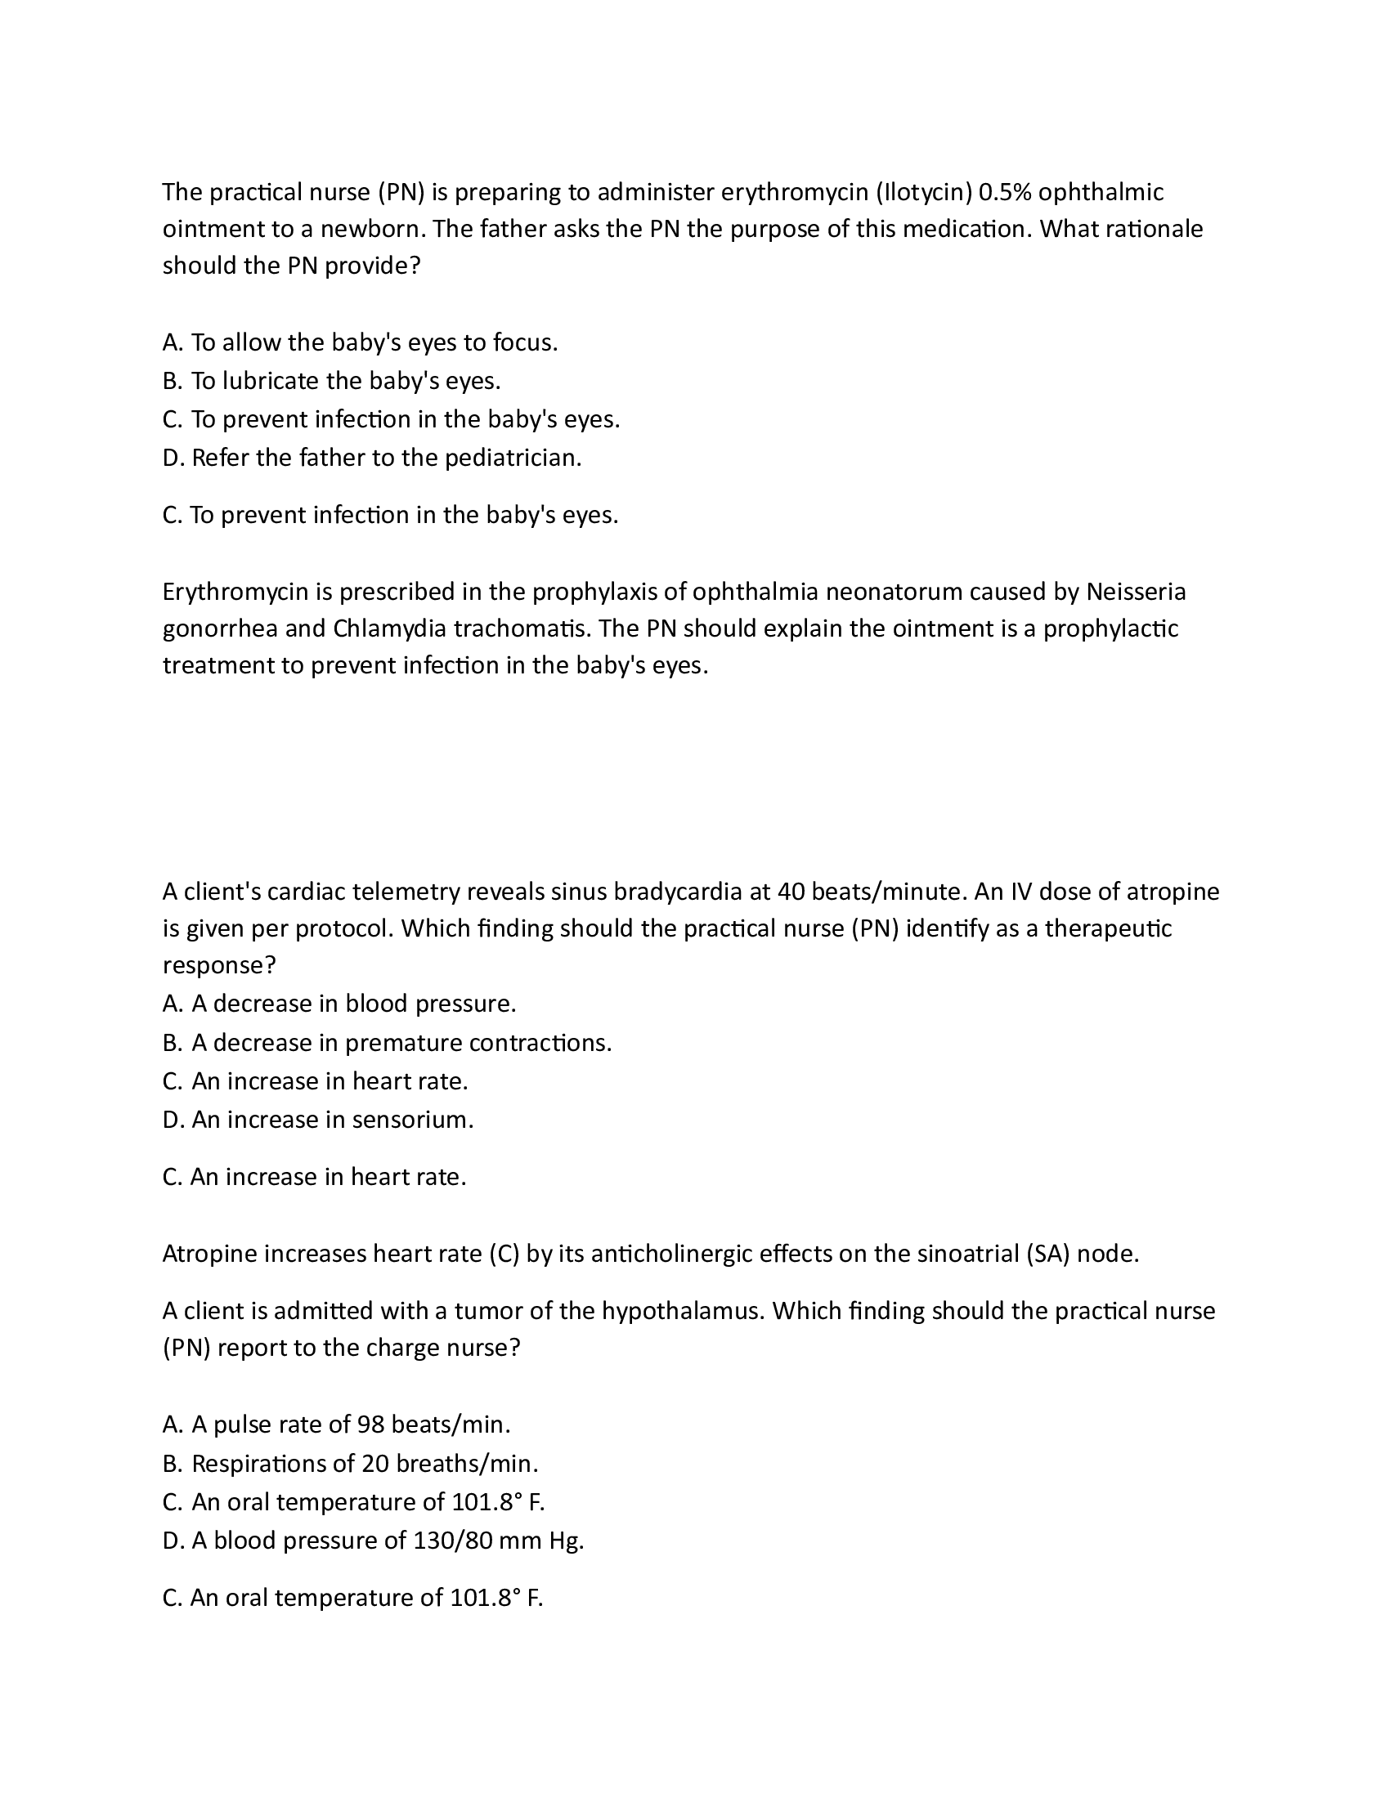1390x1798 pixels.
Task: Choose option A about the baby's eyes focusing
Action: point(360,342)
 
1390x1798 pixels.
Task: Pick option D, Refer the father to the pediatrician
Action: point(372,458)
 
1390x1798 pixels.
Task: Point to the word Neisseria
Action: point(1137,591)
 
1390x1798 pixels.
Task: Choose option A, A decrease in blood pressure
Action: point(339,1004)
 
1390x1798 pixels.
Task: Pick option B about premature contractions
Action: point(387,1043)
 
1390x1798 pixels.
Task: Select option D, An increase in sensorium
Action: point(318,1120)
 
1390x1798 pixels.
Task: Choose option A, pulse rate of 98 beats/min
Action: point(337,1425)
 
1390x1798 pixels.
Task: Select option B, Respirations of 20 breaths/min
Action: point(350,1464)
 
